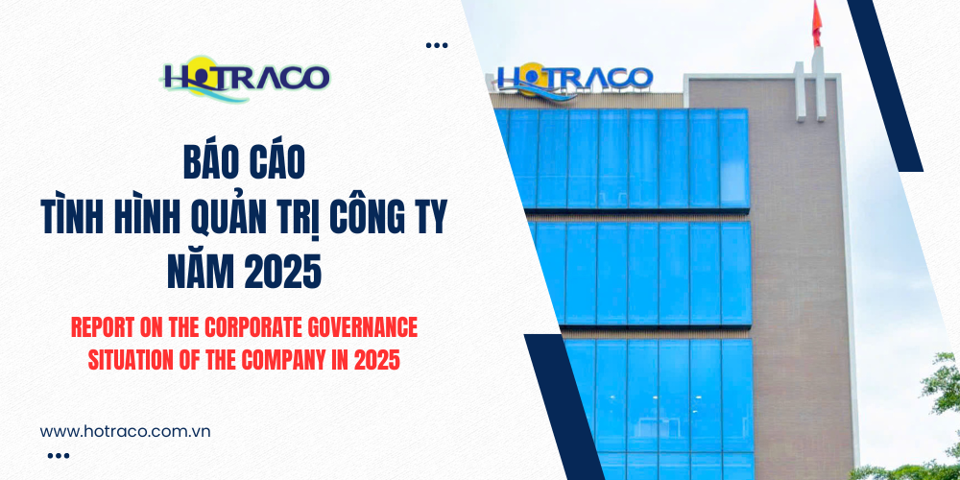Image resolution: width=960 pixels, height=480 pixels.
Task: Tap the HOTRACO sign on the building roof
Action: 574,79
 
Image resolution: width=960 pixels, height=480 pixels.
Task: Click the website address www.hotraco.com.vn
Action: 126,431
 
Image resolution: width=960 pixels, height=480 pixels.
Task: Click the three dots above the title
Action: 437,45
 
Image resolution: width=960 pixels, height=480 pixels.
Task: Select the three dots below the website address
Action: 58,456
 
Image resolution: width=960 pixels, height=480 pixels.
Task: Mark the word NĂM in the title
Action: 204,275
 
